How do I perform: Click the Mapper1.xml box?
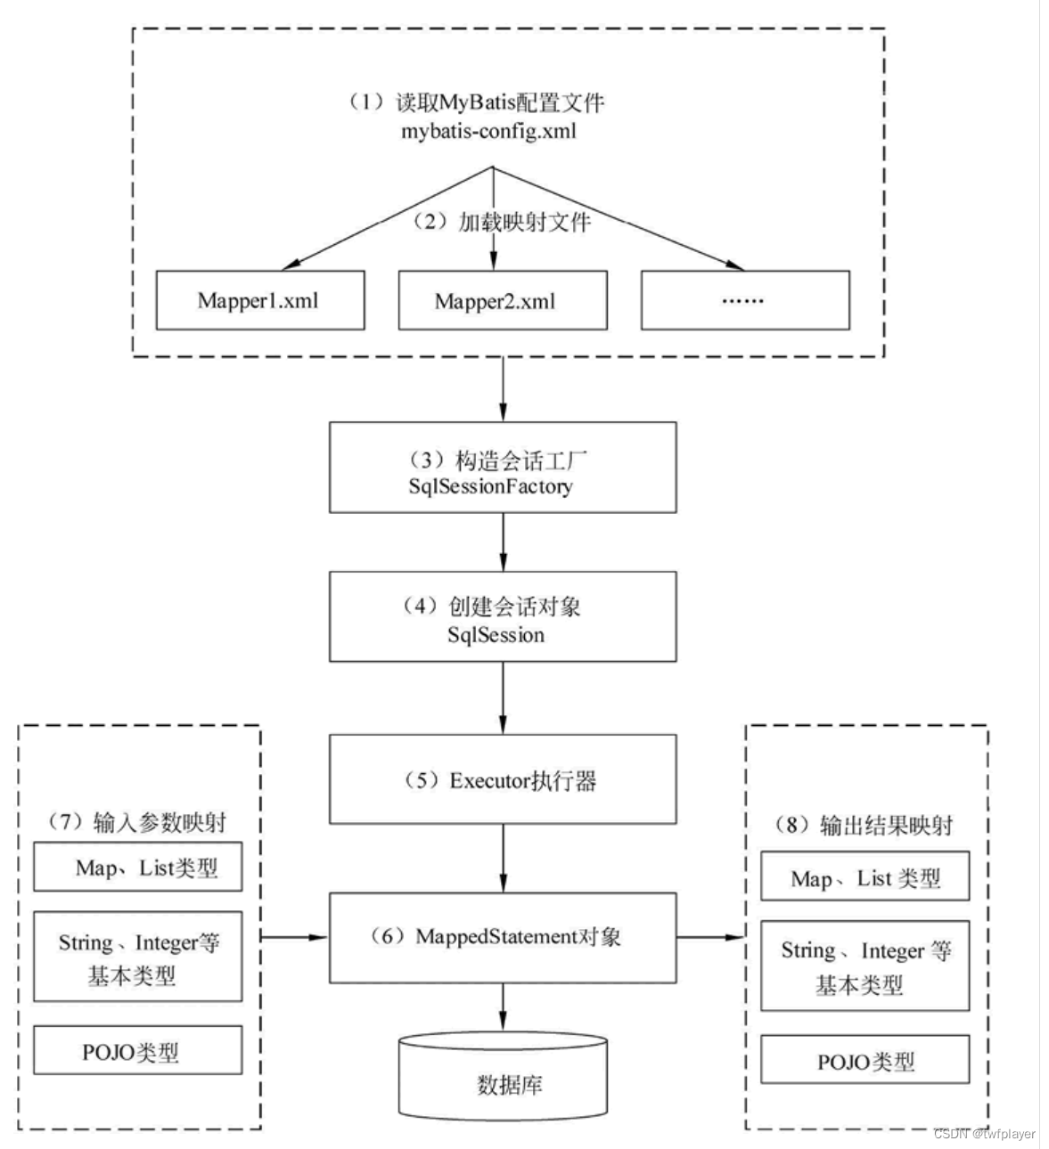click(260, 300)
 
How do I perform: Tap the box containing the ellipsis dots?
click(744, 300)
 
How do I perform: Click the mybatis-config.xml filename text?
click(488, 131)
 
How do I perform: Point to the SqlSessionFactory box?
click(502, 468)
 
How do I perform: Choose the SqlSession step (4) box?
click(502, 616)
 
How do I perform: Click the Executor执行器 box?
click(502, 778)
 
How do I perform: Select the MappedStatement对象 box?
click(502, 937)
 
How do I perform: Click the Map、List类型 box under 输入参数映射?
click(138, 867)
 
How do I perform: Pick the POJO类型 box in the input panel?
click(138, 1051)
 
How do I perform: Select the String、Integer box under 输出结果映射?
click(865, 966)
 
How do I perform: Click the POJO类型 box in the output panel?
click(865, 1060)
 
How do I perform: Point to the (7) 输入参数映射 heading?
click(138, 821)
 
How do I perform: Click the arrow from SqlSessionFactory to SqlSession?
click(503, 542)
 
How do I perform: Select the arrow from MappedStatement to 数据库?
click(503, 1007)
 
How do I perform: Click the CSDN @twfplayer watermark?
click(984, 1134)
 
